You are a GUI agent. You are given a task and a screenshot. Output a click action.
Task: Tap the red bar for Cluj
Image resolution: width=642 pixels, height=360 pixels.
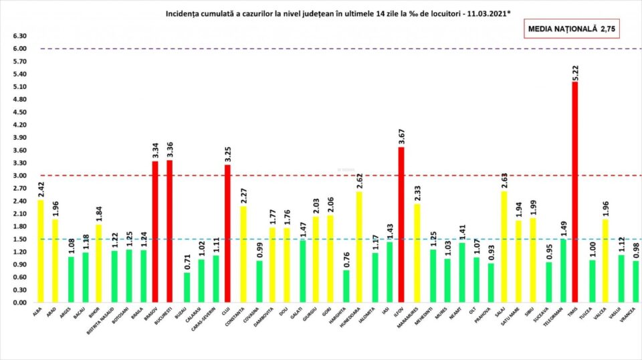click(x=227, y=234)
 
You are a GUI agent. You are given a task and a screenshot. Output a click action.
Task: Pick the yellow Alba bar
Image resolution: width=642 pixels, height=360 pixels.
click(x=41, y=251)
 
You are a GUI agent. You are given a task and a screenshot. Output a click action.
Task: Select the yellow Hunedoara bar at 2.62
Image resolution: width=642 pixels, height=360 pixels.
click(x=358, y=247)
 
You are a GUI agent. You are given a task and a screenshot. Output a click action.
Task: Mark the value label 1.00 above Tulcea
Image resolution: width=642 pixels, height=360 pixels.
click(x=591, y=248)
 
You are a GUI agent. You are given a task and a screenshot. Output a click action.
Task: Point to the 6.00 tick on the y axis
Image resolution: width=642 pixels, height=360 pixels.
click(x=19, y=49)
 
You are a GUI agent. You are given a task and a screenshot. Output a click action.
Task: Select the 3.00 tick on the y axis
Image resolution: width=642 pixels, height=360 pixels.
click(x=19, y=176)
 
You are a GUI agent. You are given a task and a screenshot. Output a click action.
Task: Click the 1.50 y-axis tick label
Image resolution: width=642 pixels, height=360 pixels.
click(x=19, y=239)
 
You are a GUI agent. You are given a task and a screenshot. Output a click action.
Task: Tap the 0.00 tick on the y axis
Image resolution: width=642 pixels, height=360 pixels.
click(x=19, y=302)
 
